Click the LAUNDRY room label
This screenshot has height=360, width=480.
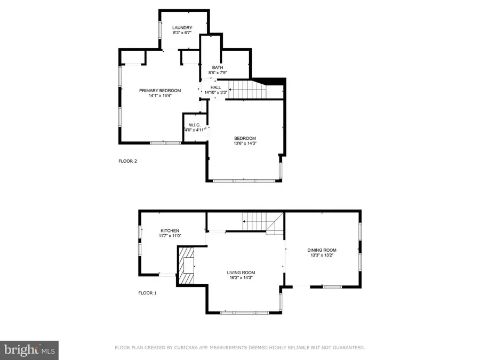182,28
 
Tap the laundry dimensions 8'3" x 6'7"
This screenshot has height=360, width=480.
182,33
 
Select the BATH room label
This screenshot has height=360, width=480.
217,67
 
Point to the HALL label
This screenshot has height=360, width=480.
215,87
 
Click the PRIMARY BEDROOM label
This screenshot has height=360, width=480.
160,91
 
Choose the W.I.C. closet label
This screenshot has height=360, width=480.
194,125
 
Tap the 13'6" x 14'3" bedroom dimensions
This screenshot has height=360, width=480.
245,143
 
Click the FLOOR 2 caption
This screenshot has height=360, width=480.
128,161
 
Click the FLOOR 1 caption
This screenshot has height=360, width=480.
148,293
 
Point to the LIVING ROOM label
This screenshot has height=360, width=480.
241,273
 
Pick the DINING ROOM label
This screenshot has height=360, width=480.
322,250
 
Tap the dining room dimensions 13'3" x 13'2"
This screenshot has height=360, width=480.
322,255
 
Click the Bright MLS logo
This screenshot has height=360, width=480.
29,350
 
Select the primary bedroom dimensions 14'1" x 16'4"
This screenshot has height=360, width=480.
160,96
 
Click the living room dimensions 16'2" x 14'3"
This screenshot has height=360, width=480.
241,278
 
